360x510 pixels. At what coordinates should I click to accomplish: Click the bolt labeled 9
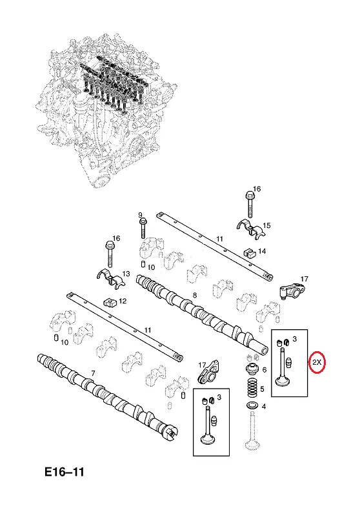pos(143,228)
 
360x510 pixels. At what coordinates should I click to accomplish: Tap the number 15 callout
pos(266,225)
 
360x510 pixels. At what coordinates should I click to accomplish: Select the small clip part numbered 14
pos(248,252)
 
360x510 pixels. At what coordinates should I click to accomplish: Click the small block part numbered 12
pos(110,303)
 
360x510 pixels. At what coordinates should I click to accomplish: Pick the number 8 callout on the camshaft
pos(195,295)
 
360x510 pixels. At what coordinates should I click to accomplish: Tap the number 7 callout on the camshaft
pos(93,373)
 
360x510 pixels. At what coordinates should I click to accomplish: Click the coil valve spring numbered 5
pos(252,388)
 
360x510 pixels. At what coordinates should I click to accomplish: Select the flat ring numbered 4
pos(252,405)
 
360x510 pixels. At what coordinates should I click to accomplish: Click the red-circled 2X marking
pos(317,362)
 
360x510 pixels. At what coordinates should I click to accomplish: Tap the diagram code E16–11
pos(64,472)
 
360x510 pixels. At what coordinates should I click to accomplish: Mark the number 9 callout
pos(141,215)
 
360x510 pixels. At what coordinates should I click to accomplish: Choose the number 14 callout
pos(262,251)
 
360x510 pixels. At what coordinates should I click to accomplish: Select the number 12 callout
pos(123,301)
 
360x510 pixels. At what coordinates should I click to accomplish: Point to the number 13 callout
pos(126,274)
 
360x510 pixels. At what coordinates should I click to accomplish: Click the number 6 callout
pos(265,370)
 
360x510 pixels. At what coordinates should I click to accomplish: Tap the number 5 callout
pos(262,389)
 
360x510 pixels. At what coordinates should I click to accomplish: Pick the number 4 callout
pos(264,407)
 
